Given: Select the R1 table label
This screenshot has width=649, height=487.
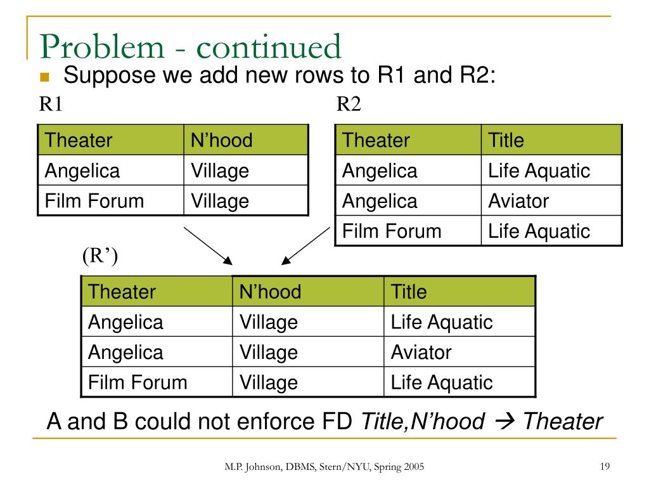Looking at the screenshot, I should (51, 104).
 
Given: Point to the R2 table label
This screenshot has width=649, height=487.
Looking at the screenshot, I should (348, 104).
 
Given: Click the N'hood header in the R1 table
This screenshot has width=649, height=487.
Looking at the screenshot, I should (221, 140).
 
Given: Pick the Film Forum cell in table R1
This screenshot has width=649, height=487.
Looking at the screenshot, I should (94, 201).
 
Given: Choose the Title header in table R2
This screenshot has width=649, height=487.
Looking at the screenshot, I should (506, 140).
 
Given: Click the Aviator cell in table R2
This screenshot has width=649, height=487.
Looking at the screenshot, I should (518, 201).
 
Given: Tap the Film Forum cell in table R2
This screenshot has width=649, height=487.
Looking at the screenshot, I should (392, 231).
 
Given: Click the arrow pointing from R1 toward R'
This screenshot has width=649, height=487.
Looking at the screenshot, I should (208, 245).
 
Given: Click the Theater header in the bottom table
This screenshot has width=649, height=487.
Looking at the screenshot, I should (122, 292).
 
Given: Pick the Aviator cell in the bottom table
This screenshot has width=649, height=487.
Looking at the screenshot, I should (421, 352).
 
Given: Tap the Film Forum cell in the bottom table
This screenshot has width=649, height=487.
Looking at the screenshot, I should (138, 382).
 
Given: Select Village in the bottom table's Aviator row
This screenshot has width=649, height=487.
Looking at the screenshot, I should (268, 352).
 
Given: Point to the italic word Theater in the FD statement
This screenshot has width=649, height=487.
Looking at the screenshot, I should (563, 421).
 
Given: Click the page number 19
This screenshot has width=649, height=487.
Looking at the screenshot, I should (604, 467).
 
